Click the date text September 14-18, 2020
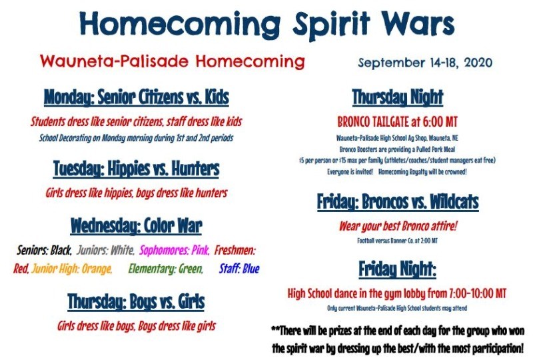click(x=425, y=63)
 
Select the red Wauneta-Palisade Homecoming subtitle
click(x=172, y=61)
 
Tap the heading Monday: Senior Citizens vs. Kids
click(x=137, y=97)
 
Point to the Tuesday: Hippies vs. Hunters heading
click(x=137, y=169)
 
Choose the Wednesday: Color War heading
click(x=137, y=226)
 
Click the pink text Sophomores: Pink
click(x=175, y=251)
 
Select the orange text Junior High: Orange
click(x=72, y=269)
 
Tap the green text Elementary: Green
click(x=165, y=269)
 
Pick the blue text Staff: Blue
click(x=239, y=269)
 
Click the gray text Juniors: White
click(x=105, y=251)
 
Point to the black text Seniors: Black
click(x=44, y=251)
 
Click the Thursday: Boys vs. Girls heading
click(x=136, y=302)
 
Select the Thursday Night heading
click(x=397, y=97)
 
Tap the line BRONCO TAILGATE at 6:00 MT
click(x=397, y=122)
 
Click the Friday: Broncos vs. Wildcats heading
click(x=398, y=202)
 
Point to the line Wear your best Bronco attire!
click(x=398, y=226)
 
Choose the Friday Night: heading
click(x=397, y=269)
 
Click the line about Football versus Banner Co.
click(x=397, y=241)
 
